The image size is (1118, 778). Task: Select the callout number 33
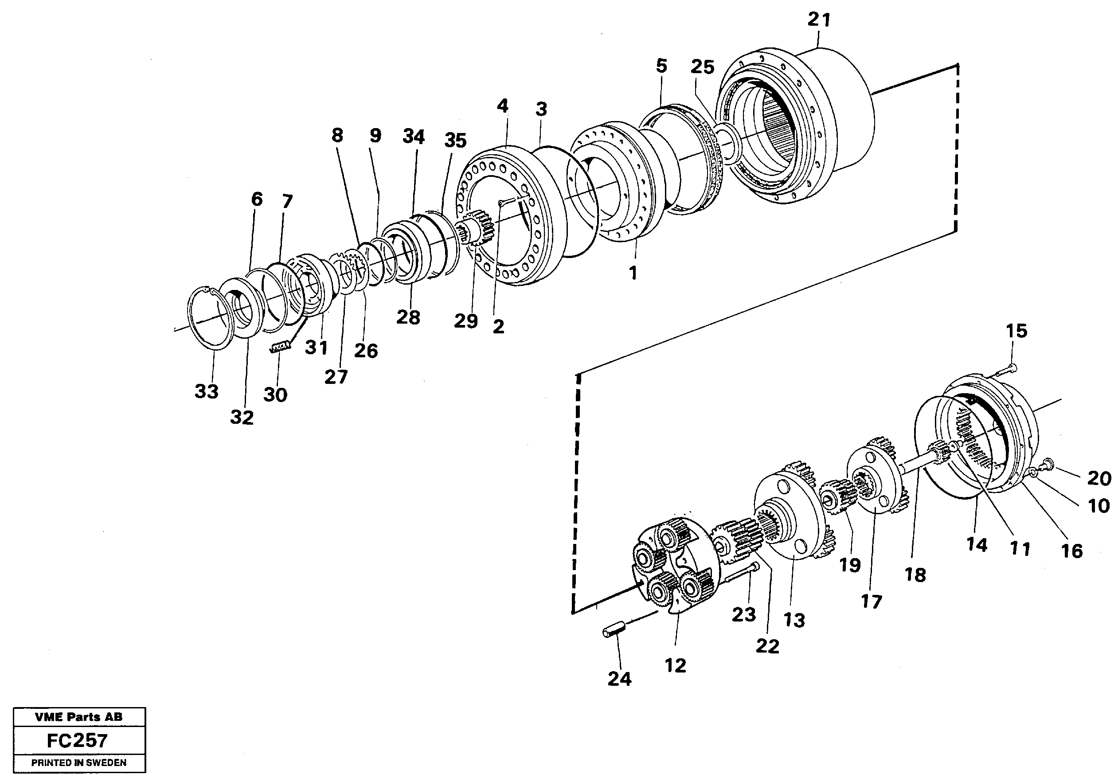207,391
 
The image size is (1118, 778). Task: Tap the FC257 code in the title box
77,740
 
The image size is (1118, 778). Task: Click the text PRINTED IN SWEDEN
79,763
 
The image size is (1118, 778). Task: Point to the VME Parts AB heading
79,717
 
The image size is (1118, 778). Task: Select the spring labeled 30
281,347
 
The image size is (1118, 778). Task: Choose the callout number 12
675,665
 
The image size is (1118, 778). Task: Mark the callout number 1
633,274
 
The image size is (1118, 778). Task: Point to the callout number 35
455,141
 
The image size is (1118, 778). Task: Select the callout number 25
702,66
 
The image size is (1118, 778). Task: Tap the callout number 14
977,545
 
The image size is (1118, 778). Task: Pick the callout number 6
257,199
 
